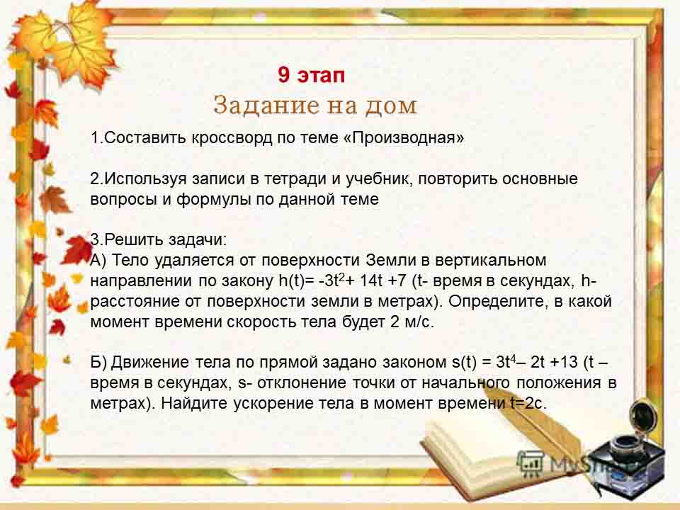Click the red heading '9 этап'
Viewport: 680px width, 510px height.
click(312, 74)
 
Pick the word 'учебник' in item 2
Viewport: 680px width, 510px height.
click(378, 178)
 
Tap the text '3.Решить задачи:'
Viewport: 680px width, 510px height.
click(159, 239)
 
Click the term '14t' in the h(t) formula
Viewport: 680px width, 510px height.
click(370, 280)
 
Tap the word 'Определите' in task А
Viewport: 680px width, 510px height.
click(496, 301)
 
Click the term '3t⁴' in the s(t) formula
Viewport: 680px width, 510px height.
click(506, 362)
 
